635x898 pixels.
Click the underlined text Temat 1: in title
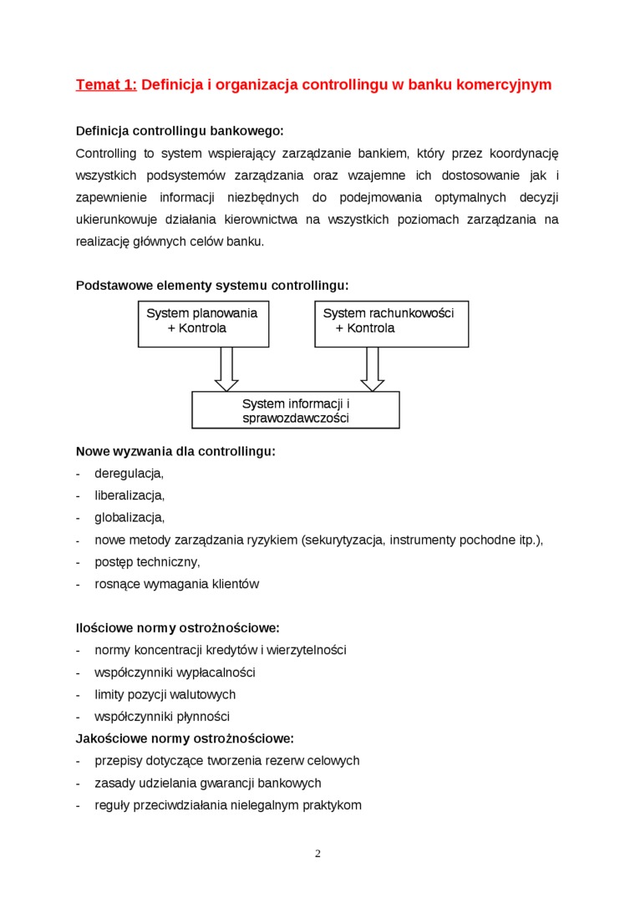[106, 85]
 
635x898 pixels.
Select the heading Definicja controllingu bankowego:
[180, 131]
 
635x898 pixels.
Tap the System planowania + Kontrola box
[203, 324]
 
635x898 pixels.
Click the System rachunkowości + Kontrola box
[391, 324]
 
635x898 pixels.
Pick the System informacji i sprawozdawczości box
[296, 410]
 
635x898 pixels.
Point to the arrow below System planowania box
[226, 368]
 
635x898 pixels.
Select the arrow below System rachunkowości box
[373, 368]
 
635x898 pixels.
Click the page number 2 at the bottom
[317, 853]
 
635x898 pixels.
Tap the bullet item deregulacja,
[129, 474]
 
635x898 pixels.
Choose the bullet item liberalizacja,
[130, 495]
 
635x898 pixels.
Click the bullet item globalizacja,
[130, 518]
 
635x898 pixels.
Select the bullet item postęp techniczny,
[147, 561]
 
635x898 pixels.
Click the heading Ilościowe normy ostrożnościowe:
[177, 627]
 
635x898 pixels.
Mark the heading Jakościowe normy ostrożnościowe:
[185, 738]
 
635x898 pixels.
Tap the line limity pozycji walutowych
[165, 694]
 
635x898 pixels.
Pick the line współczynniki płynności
[162, 717]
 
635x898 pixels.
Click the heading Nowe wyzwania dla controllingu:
[175, 452]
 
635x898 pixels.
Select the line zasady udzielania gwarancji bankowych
[208, 783]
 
